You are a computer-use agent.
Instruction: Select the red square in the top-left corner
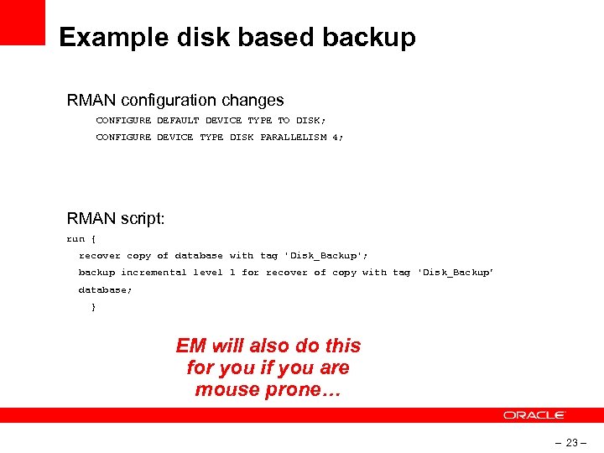(22, 22)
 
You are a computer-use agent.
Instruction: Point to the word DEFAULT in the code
(179, 120)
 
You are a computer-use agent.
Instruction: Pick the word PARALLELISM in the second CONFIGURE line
(293, 137)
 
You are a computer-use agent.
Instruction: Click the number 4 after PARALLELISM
(335, 137)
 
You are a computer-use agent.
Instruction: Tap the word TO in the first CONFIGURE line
(284, 120)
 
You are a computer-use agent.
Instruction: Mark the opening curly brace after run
(93, 238)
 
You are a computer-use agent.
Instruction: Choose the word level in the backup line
(208, 272)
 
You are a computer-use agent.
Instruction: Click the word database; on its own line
(105, 289)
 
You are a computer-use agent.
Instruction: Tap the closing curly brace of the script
(93, 307)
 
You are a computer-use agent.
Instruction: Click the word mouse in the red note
(220, 389)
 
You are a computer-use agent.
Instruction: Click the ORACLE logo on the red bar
(534, 415)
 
